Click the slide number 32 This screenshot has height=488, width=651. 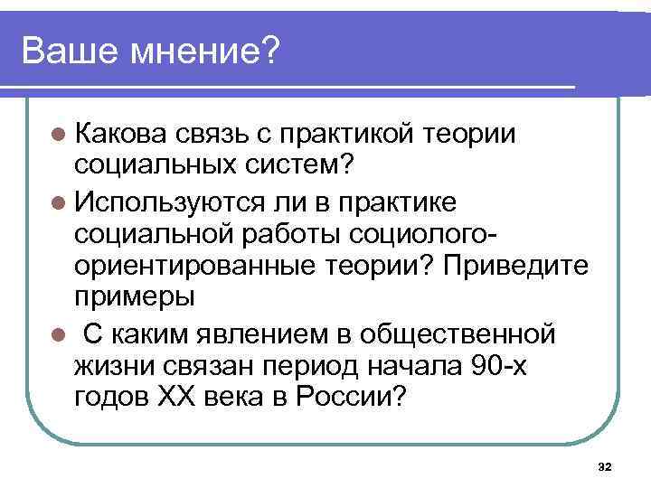[605, 465]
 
